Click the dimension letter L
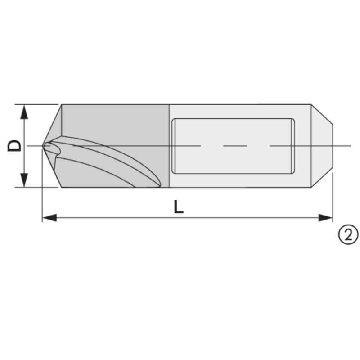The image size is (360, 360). point(179,207)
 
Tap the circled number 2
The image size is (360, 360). point(348,234)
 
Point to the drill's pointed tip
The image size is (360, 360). point(44,146)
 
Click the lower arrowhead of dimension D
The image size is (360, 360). point(24,180)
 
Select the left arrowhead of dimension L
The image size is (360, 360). point(49,218)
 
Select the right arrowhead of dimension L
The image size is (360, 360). point(325,218)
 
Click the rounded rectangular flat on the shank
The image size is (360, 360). point(233,146)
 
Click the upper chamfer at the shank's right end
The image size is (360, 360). point(322,115)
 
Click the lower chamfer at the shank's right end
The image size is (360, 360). point(322,178)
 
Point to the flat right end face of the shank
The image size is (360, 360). point(333,146)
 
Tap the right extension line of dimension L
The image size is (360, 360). point(333,198)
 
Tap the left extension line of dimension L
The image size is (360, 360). point(42,189)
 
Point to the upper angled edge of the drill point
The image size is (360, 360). point(53,124)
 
